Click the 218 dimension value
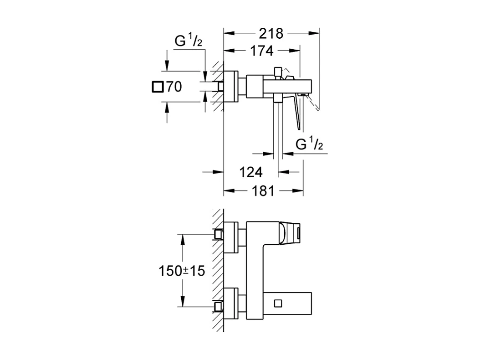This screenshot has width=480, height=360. point(271,33)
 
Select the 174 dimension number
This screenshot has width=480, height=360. point(261,51)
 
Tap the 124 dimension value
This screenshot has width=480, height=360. point(250,172)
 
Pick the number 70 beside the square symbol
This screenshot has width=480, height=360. point(174,87)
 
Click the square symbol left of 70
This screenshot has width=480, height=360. point(157,87)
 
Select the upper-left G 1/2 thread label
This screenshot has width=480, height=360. point(189,41)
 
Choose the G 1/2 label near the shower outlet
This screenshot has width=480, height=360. point(309,145)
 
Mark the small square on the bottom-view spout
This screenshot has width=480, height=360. point(278,303)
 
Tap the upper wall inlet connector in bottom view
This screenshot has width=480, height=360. point(219,234)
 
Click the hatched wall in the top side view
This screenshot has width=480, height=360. point(218,87)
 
